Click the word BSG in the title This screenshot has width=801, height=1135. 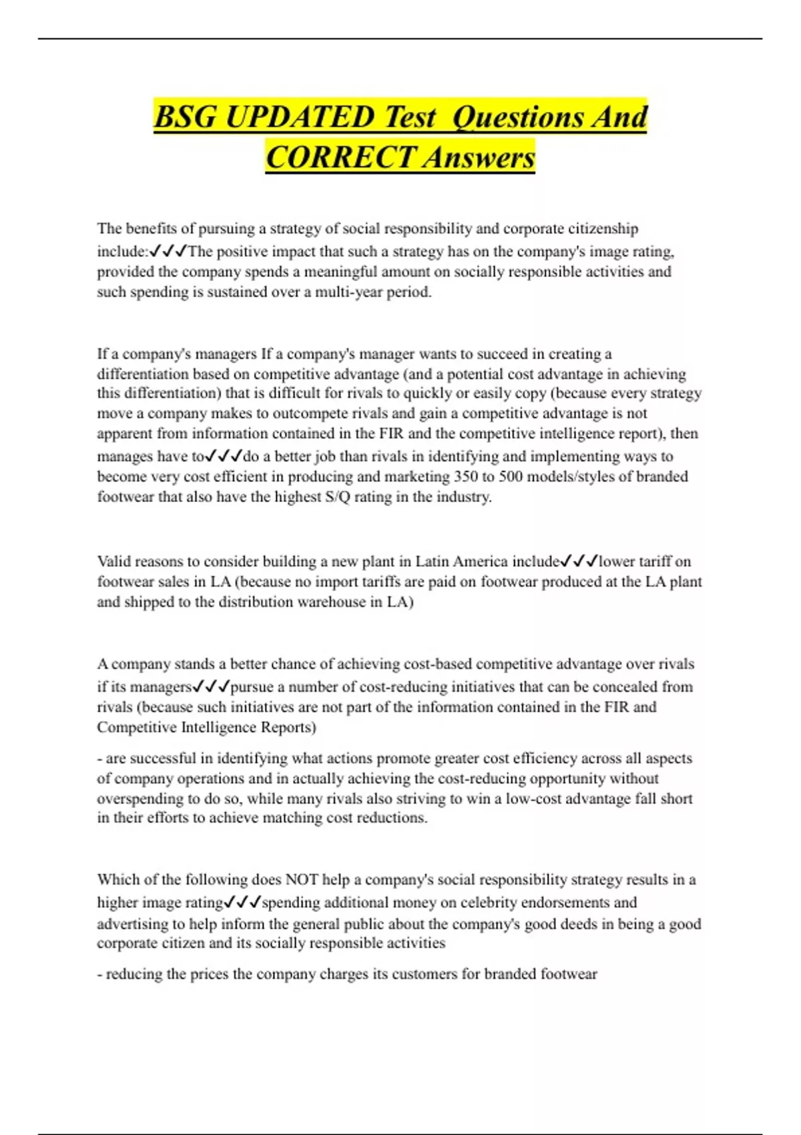point(186,118)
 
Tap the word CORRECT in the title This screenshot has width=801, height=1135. point(340,158)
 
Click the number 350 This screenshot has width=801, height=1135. point(466,477)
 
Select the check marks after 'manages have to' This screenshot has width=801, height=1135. point(224,457)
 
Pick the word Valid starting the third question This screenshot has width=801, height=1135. point(114,561)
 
